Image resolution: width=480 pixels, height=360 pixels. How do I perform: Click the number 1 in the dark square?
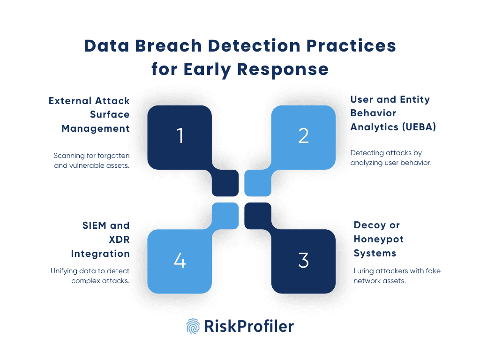coord(180,135)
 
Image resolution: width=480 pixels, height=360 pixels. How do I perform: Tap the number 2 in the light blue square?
coord(303,135)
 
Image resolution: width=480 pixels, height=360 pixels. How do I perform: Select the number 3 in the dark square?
coord(303,261)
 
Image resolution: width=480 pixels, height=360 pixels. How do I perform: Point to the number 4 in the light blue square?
coord(180,261)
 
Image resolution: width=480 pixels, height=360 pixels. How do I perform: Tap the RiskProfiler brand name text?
coord(249,326)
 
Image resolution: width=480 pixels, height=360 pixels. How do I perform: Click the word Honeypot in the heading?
coord(379,239)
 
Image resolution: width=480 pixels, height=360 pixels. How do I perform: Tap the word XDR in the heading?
coord(120,240)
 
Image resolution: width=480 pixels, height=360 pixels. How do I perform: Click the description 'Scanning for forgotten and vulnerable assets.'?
coord(91,160)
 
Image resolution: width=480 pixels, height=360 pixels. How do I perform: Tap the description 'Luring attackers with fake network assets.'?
coord(397,276)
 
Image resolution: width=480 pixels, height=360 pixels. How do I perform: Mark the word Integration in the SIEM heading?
coord(100,254)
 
